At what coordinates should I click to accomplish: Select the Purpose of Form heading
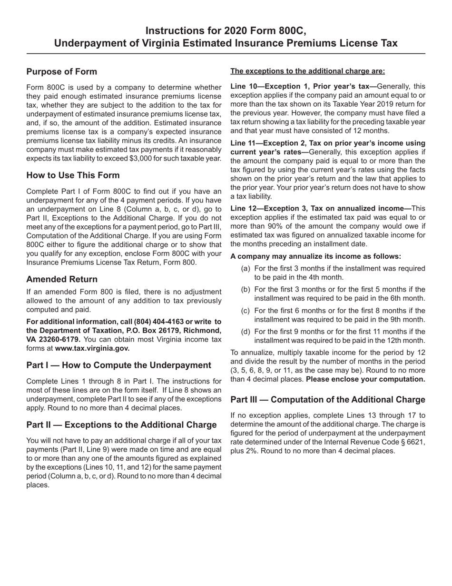point(61,71)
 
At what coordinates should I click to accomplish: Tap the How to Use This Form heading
point(73,175)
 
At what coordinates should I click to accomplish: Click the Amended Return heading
point(62,279)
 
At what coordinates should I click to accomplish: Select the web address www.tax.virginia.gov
point(92,348)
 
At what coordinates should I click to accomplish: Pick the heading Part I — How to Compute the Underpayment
point(118,365)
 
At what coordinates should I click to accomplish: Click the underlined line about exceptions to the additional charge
point(307,71)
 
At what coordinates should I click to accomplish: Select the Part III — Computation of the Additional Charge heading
point(327,400)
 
